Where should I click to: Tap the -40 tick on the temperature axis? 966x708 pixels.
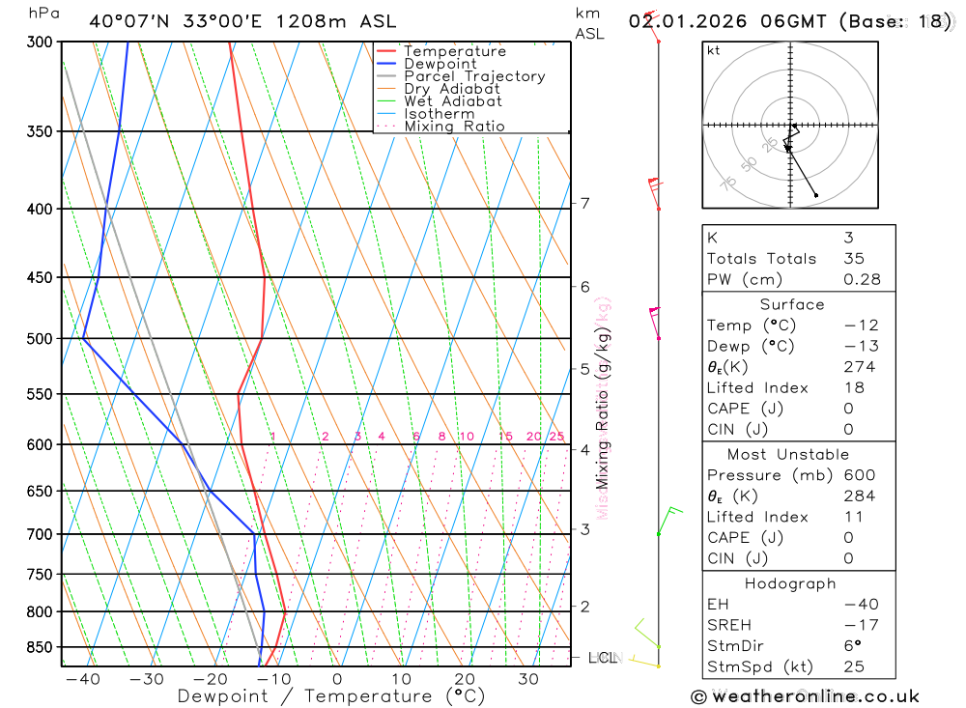pyautogui.click(x=83, y=679)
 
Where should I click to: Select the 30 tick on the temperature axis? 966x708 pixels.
pyautogui.click(x=527, y=679)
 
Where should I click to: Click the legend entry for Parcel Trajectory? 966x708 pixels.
pyautogui.click(x=473, y=76)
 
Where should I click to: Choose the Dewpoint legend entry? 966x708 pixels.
pyautogui.click(x=440, y=64)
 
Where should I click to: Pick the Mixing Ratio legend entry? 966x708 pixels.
pyautogui.click(x=454, y=127)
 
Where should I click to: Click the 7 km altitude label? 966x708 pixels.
pyautogui.click(x=584, y=203)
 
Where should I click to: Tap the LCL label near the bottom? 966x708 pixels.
pyautogui.click(x=602, y=658)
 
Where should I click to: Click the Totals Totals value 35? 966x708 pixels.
pyautogui.click(x=853, y=259)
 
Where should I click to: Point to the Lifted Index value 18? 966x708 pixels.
pyautogui.click(x=853, y=388)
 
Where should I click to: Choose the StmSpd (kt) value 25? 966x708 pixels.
pyautogui.click(x=853, y=667)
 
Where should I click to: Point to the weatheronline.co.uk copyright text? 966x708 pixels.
pyautogui.click(x=806, y=696)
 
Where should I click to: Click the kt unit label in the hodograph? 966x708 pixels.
pyautogui.click(x=714, y=50)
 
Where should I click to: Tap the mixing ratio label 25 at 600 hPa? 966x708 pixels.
pyautogui.click(x=556, y=437)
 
